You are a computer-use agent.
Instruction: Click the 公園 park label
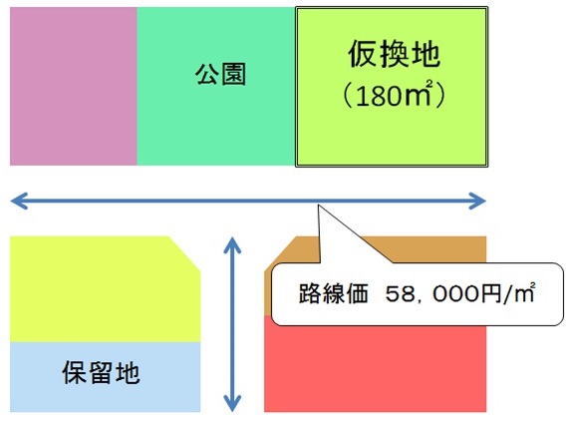point(220,74)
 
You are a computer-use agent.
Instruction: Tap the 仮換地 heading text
point(394,54)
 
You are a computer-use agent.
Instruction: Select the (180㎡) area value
point(394,95)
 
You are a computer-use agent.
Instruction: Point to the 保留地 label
point(101,372)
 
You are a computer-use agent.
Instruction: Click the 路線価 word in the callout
point(334,293)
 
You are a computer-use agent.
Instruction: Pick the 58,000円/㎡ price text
point(460,293)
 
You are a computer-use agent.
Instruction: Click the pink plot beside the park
point(74,86)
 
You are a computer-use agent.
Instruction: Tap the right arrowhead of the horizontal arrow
point(477,201)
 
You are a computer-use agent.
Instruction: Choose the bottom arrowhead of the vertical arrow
point(232,403)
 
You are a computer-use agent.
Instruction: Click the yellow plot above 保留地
point(105,289)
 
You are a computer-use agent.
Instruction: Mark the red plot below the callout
point(375,368)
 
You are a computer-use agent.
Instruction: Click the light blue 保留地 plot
point(105,377)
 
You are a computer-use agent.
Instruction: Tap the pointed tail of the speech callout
point(319,206)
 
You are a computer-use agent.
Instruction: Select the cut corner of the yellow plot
point(184,253)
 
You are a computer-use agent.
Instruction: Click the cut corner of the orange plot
point(281,252)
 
